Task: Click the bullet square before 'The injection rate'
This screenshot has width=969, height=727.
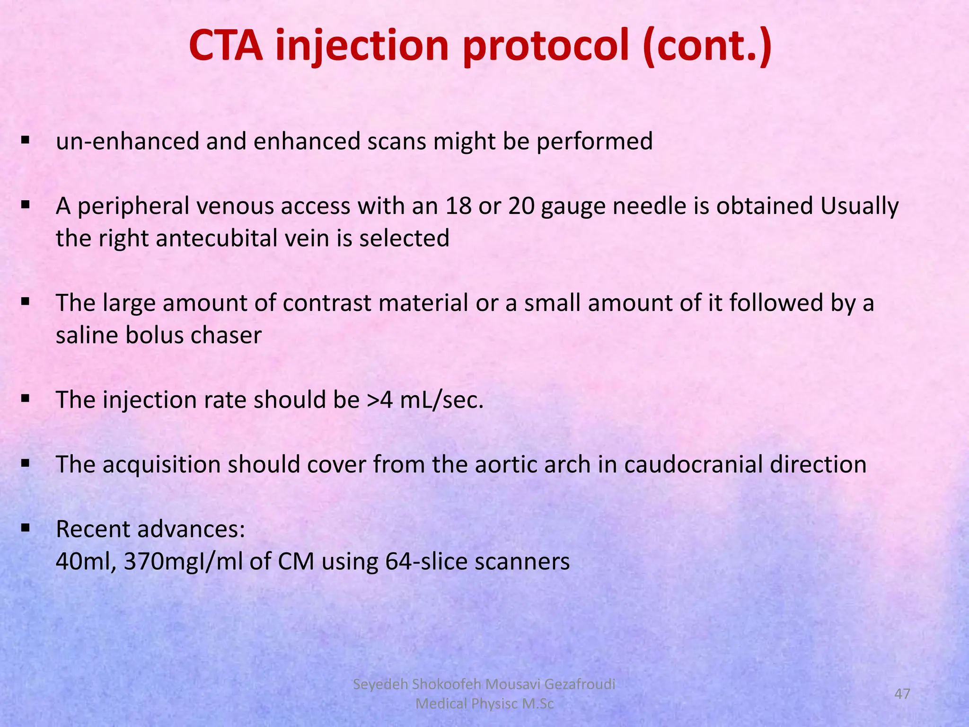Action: (25, 399)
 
